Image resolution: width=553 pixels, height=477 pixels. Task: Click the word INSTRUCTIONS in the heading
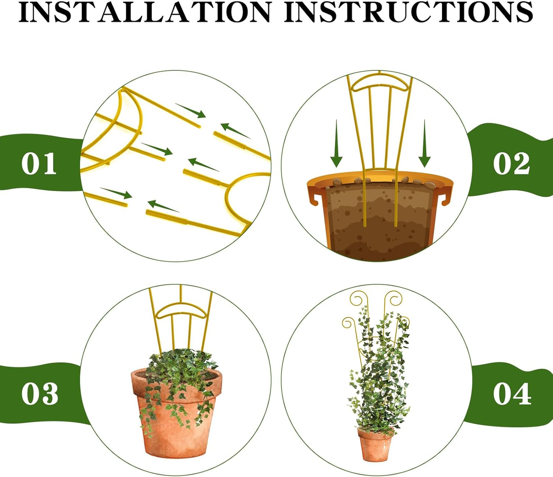pos(409,12)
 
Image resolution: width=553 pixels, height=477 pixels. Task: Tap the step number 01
pos(39,164)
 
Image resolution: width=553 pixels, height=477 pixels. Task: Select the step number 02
pos(511,164)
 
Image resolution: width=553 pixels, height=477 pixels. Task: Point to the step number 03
pos(39,394)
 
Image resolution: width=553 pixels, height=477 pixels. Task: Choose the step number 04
pos(512,394)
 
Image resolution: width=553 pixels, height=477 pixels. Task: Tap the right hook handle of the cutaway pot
pos(445,197)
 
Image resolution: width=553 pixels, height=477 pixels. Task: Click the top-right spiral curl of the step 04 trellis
pos(394,298)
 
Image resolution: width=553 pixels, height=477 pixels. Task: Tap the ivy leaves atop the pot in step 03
pos(180,367)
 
